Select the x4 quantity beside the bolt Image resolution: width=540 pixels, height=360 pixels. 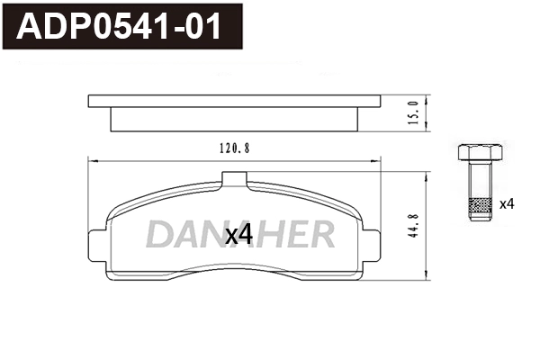pyautogui.click(x=506, y=204)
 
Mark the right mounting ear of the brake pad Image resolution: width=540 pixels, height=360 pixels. pyautogui.click(x=371, y=238)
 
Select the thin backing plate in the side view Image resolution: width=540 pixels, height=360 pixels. pyautogui.click(x=234, y=100)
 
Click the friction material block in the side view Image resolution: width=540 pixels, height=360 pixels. pyautogui.click(x=234, y=118)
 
